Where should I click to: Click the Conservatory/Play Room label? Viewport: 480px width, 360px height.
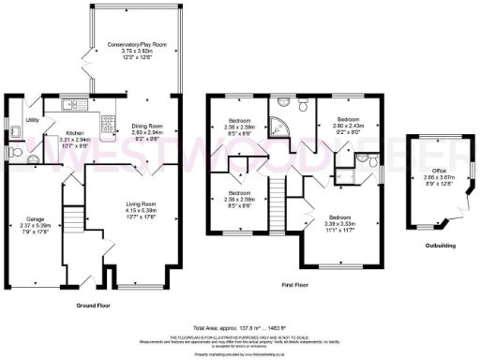click(x=131, y=44)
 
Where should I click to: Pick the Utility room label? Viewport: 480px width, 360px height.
click(x=32, y=120)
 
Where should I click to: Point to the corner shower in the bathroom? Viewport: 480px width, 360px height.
click(x=280, y=124)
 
